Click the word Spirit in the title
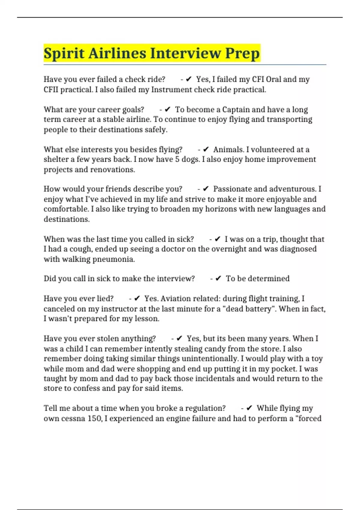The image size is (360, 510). point(64,53)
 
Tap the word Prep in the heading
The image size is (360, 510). point(242,53)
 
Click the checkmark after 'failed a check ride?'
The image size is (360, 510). point(189,79)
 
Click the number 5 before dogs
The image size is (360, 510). point(177,159)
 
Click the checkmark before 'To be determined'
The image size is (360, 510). point(218,279)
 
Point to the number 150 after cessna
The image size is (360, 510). point(94,418)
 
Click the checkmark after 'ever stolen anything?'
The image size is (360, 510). point(179,338)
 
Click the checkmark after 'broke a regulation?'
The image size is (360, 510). point(249,408)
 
